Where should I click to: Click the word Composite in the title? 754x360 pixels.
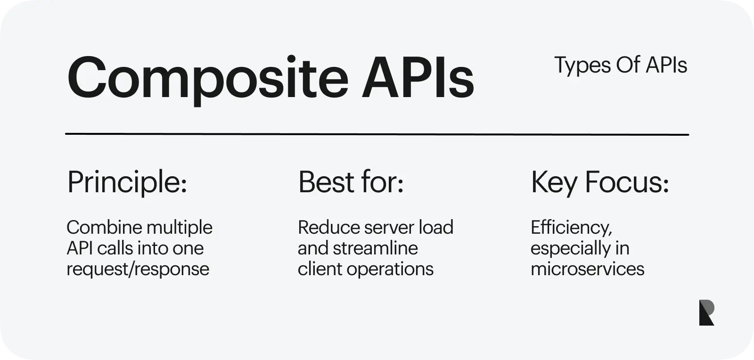click(208, 80)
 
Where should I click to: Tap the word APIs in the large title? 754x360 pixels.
click(418, 78)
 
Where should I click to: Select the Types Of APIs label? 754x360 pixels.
click(621, 65)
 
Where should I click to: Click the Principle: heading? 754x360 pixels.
click(127, 183)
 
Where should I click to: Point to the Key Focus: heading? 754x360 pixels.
click(600, 183)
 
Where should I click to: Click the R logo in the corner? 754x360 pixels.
click(706, 312)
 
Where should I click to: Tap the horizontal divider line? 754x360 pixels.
click(377, 134)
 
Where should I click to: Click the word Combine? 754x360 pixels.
click(104, 228)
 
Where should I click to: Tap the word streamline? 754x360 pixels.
click(375, 248)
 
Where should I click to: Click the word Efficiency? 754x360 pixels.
click(571, 228)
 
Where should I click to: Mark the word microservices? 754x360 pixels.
click(587, 269)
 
